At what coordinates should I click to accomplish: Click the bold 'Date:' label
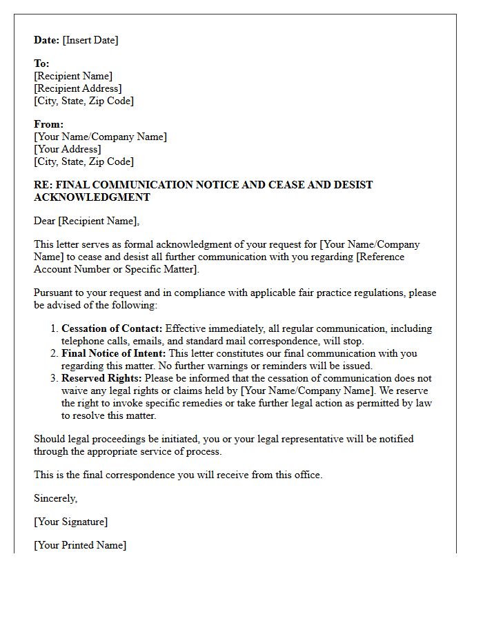click(47, 40)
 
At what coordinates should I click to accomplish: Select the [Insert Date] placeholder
click(90, 40)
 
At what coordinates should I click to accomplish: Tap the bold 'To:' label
click(41, 63)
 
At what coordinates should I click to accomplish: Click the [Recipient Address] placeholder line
click(77, 88)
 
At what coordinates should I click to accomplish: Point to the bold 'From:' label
click(48, 124)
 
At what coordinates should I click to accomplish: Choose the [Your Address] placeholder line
click(67, 149)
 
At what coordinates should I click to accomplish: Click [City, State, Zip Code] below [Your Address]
click(83, 161)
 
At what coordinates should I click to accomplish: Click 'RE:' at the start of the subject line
click(43, 185)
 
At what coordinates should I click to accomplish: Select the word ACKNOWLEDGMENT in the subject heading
click(92, 197)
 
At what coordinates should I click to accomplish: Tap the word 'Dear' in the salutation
click(45, 221)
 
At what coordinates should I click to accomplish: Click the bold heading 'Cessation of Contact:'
click(112, 328)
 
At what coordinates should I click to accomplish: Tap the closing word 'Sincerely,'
click(56, 498)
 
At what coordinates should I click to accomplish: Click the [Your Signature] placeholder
click(70, 522)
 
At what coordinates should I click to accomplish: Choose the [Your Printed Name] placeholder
click(80, 545)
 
